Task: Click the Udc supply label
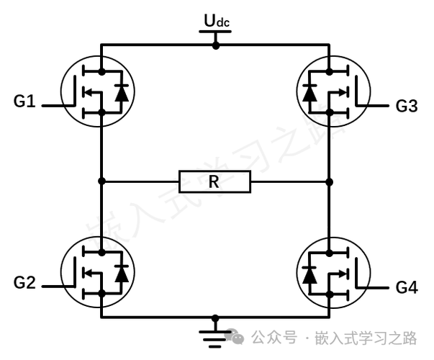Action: pos(217,21)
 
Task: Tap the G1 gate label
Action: pos(24,101)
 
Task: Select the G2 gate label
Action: pos(24,283)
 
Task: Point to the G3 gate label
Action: pos(407,106)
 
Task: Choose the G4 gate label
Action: pos(407,287)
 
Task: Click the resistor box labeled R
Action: pos(214,181)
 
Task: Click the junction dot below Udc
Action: pos(216,45)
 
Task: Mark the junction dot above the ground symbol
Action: pos(215,318)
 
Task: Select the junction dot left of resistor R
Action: pos(102,181)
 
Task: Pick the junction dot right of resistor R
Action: pos(330,182)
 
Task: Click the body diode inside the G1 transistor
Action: pos(121,93)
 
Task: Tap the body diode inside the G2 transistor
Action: pos(121,274)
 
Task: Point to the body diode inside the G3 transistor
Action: pos(309,93)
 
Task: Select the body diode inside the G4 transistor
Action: pos(309,275)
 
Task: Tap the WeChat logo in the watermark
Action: pos(234,336)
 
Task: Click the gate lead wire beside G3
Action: pos(371,106)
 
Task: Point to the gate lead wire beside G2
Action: pos(58,287)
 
